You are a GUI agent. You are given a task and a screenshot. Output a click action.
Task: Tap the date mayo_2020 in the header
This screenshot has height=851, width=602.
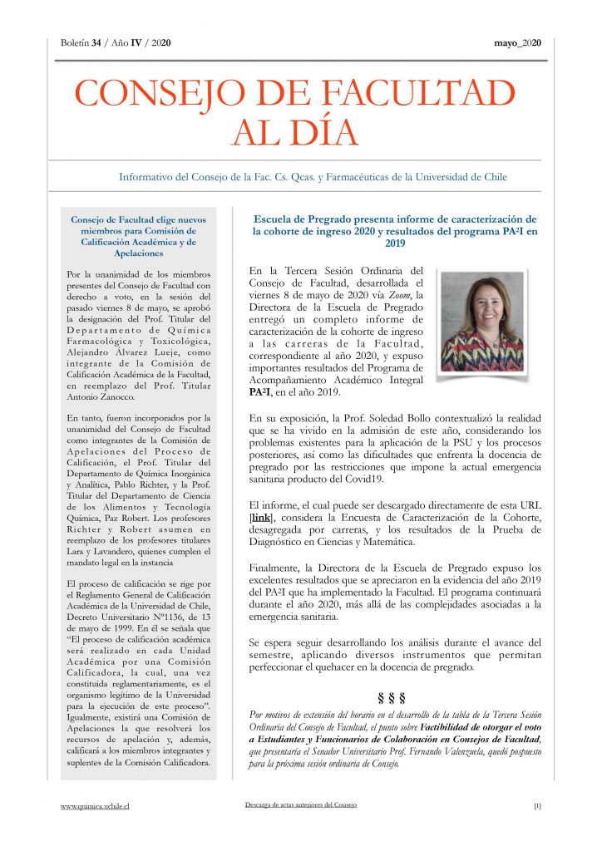[x=519, y=43]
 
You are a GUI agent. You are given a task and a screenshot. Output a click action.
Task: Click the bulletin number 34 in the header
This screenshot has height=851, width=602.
[x=96, y=43]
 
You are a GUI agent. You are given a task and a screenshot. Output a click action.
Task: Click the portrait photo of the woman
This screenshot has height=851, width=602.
[x=481, y=321]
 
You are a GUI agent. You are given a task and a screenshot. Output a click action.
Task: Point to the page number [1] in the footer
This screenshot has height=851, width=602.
[x=537, y=805]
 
